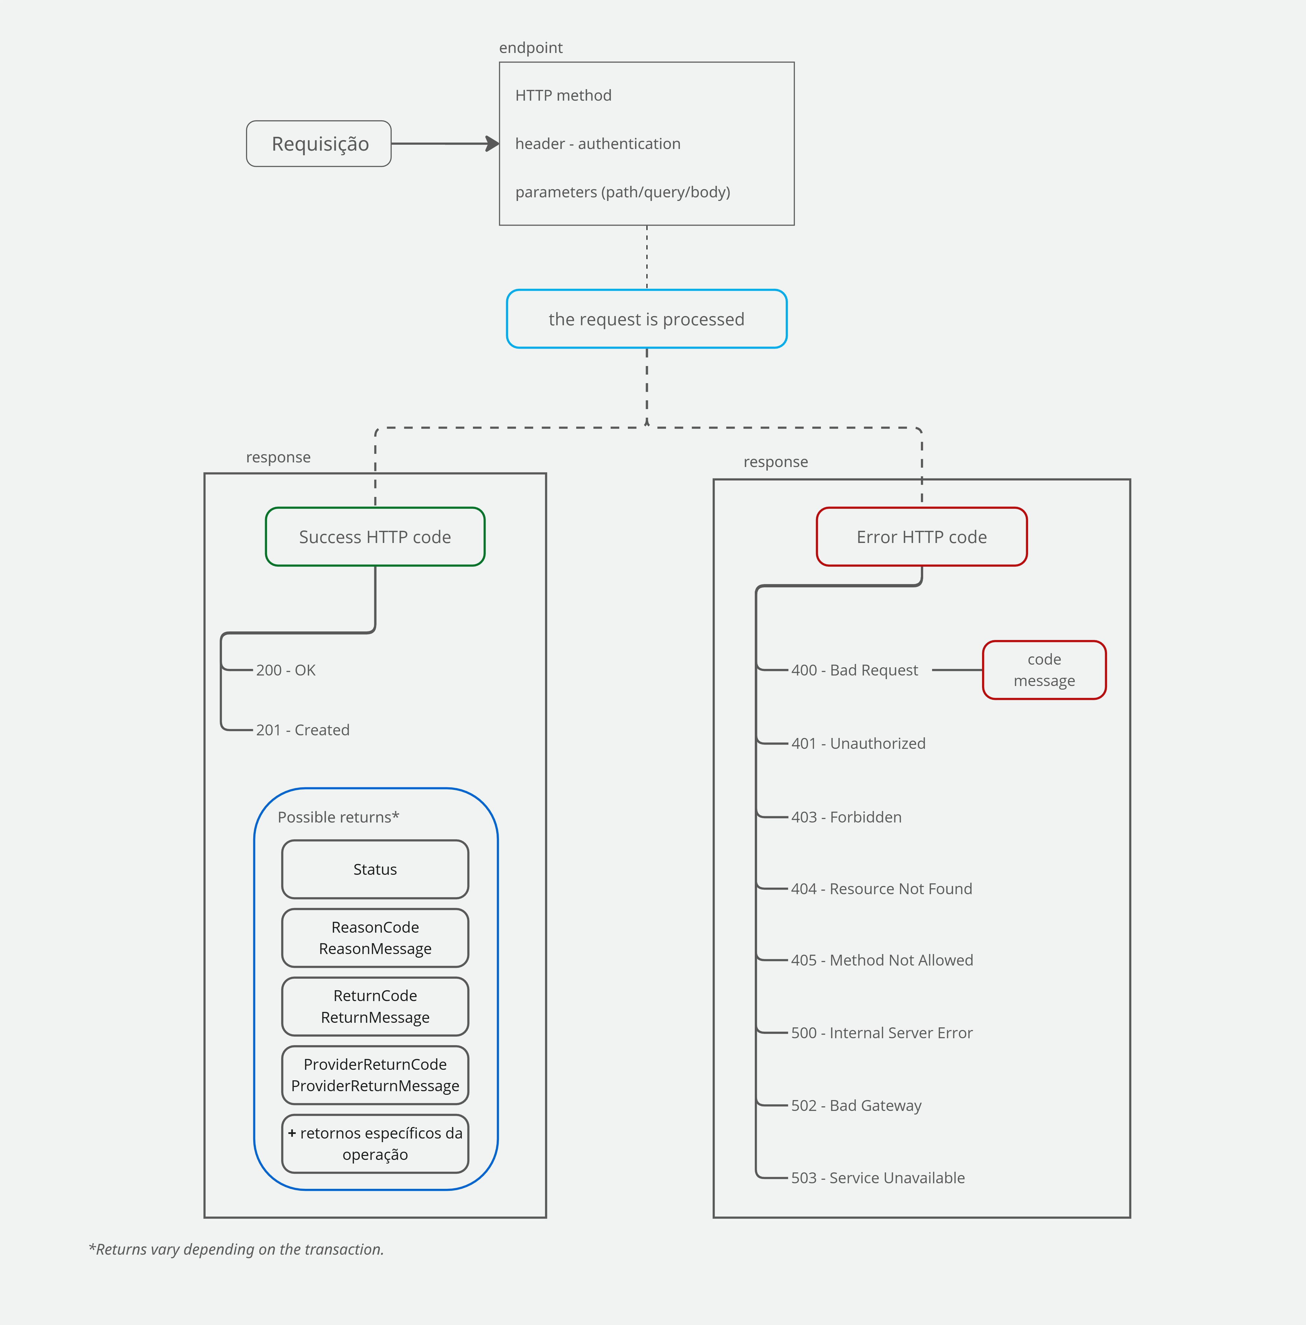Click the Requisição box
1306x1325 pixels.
click(319, 143)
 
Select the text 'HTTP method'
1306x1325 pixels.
click(563, 95)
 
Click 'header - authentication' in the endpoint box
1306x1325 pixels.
click(598, 143)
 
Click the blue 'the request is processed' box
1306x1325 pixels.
click(646, 319)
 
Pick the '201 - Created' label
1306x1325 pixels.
click(303, 730)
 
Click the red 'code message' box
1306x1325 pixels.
click(1044, 670)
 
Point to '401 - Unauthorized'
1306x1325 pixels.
click(858, 744)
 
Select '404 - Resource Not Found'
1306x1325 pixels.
click(881, 889)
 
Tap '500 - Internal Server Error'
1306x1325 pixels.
click(881, 1033)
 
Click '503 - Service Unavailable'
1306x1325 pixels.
click(878, 1178)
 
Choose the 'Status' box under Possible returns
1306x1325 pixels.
click(375, 869)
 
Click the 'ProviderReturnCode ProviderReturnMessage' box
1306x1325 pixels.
click(375, 1075)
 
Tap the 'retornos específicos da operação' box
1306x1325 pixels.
click(375, 1143)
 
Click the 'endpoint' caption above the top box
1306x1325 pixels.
click(531, 47)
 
